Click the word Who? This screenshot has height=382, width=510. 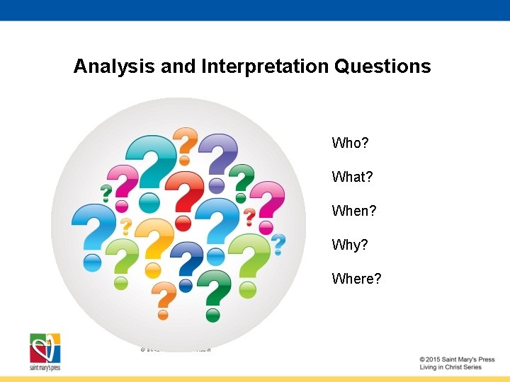tap(350, 143)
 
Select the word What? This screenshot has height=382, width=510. tap(352, 177)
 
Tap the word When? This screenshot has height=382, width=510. tap(354, 211)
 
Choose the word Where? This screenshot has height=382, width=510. tap(356, 279)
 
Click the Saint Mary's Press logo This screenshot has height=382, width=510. tap(45, 352)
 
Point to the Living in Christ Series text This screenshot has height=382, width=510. tap(450, 367)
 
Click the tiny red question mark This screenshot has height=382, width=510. tap(249, 216)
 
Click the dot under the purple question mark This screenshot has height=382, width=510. tap(217, 185)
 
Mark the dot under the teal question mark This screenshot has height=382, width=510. tap(149, 203)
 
